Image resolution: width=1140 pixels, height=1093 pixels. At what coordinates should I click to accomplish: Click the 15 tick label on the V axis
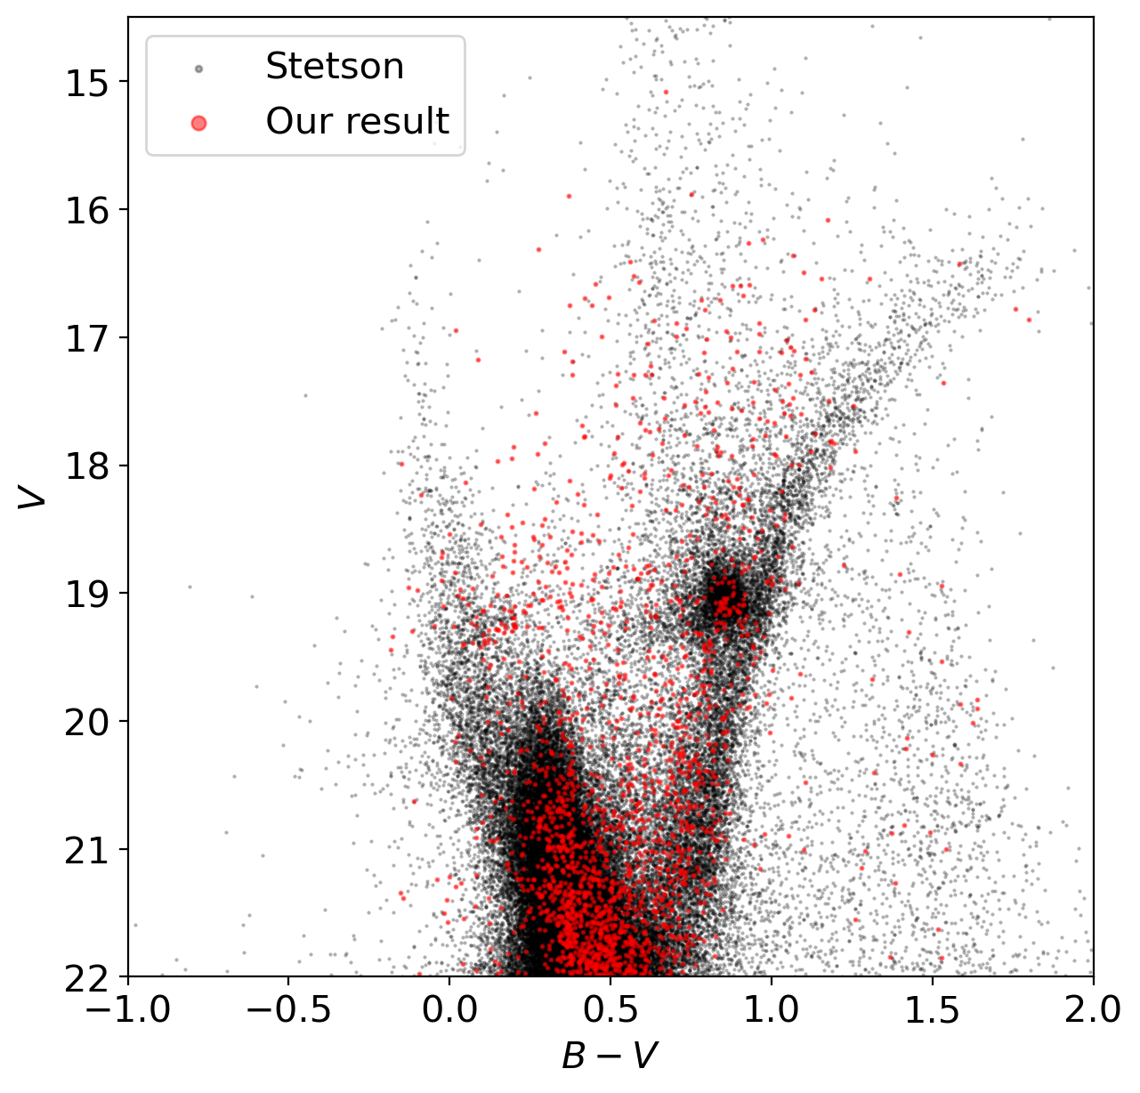(85, 82)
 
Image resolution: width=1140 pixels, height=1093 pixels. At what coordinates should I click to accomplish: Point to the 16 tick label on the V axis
(85, 210)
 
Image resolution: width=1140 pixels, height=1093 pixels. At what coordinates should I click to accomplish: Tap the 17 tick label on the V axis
(85, 338)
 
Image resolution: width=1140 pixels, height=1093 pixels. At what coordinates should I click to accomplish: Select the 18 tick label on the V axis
(85, 466)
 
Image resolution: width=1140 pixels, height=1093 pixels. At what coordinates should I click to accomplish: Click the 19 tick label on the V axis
(85, 594)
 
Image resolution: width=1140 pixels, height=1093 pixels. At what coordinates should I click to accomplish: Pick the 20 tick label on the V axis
(85, 722)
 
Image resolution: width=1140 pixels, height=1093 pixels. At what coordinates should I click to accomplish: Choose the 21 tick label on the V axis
(85, 849)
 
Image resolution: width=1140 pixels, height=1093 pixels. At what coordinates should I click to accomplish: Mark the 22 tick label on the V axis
(85, 977)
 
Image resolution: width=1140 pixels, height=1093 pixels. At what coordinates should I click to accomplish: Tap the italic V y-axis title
(34, 497)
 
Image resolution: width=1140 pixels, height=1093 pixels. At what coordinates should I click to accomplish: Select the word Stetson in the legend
(335, 67)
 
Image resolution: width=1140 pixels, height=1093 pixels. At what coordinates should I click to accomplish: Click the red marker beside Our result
(198, 124)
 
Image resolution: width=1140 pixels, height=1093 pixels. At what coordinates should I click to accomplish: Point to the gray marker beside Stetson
(198, 69)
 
